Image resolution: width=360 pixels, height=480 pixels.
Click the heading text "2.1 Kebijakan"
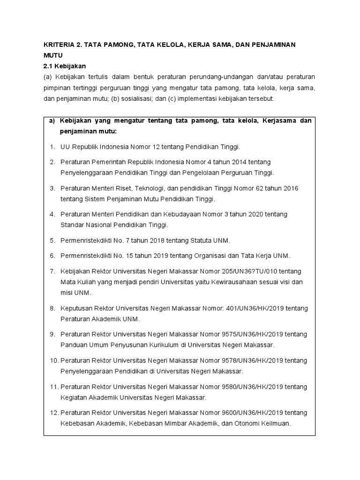[x=63, y=66]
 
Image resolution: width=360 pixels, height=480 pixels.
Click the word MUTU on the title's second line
[x=53, y=55]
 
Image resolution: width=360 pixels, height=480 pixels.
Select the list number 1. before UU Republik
[x=52, y=147]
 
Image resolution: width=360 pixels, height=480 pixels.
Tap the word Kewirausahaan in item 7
[x=228, y=282]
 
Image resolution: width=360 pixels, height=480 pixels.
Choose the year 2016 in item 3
[x=291, y=188]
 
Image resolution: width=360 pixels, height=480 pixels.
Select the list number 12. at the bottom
[x=53, y=413]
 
